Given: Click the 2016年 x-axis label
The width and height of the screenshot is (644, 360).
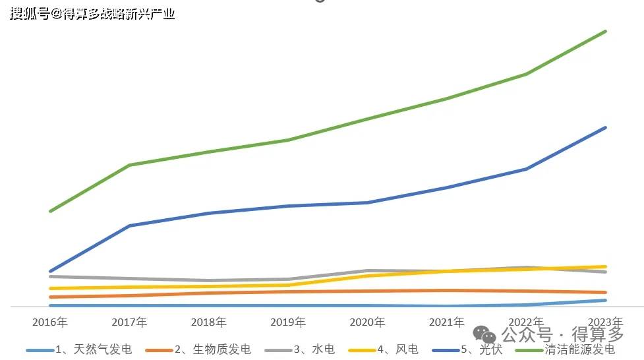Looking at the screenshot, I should tap(50, 322).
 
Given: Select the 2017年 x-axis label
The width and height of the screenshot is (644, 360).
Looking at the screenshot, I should tap(129, 322).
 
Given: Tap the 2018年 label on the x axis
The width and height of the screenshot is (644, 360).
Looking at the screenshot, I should tap(208, 322).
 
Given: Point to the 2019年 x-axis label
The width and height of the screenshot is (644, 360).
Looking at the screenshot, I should tap(288, 322).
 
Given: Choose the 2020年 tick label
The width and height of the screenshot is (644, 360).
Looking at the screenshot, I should tap(367, 322).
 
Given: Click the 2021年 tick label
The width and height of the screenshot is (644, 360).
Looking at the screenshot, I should tap(446, 322).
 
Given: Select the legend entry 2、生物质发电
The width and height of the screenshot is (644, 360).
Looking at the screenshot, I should tap(212, 349).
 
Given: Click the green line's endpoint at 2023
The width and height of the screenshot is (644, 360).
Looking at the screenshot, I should tap(605, 32).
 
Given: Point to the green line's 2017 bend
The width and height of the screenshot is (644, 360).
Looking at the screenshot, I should tap(129, 165).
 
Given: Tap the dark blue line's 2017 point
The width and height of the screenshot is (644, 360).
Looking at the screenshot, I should tap(129, 225).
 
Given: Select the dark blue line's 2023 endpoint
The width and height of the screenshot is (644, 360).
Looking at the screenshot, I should tap(605, 127).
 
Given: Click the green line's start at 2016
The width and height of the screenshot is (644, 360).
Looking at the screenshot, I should tap(50, 211).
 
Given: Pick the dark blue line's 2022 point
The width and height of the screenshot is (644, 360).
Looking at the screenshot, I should tap(526, 169).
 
